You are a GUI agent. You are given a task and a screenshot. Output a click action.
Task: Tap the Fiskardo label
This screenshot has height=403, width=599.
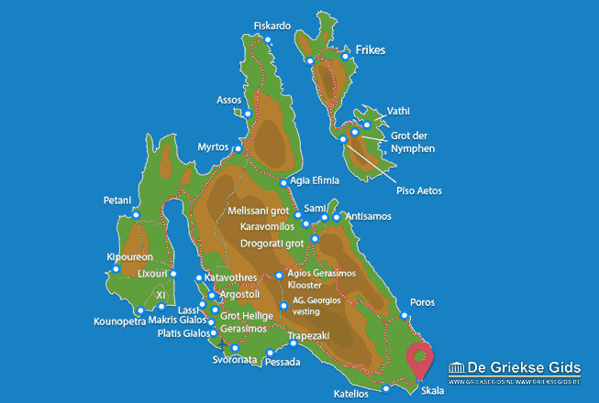click(x=272, y=26)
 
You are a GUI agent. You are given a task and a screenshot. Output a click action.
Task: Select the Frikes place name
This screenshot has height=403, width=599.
click(x=368, y=49)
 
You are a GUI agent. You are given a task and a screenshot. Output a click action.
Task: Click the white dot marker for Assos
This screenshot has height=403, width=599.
click(x=248, y=114)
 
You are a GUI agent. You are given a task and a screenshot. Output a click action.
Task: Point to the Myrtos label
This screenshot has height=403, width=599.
click(x=213, y=147)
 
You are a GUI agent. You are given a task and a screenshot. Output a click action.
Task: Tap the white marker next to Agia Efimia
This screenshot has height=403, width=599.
click(x=283, y=182)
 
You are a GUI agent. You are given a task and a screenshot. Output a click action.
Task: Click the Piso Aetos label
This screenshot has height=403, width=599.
click(x=419, y=191)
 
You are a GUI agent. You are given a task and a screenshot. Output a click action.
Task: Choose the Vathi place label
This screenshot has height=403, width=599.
click(x=398, y=111)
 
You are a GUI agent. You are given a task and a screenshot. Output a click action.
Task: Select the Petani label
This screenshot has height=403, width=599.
click(x=118, y=200)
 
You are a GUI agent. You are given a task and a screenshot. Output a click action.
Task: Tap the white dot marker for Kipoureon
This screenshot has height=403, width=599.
click(x=116, y=268)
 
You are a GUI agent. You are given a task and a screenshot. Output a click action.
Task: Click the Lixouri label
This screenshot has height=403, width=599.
click(x=151, y=274)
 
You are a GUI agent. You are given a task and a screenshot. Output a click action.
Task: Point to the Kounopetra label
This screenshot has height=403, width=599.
click(x=120, y=321)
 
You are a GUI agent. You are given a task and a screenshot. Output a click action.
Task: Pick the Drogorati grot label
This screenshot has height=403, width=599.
click(x=272, y=244)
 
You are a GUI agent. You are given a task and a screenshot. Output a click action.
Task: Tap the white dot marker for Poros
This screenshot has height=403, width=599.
click(x=403, y=316)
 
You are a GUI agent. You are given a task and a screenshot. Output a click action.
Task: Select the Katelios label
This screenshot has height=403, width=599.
click(x=351, y=394)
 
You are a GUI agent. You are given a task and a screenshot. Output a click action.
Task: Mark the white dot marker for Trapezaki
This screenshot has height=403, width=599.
click(x=293, y=343)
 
